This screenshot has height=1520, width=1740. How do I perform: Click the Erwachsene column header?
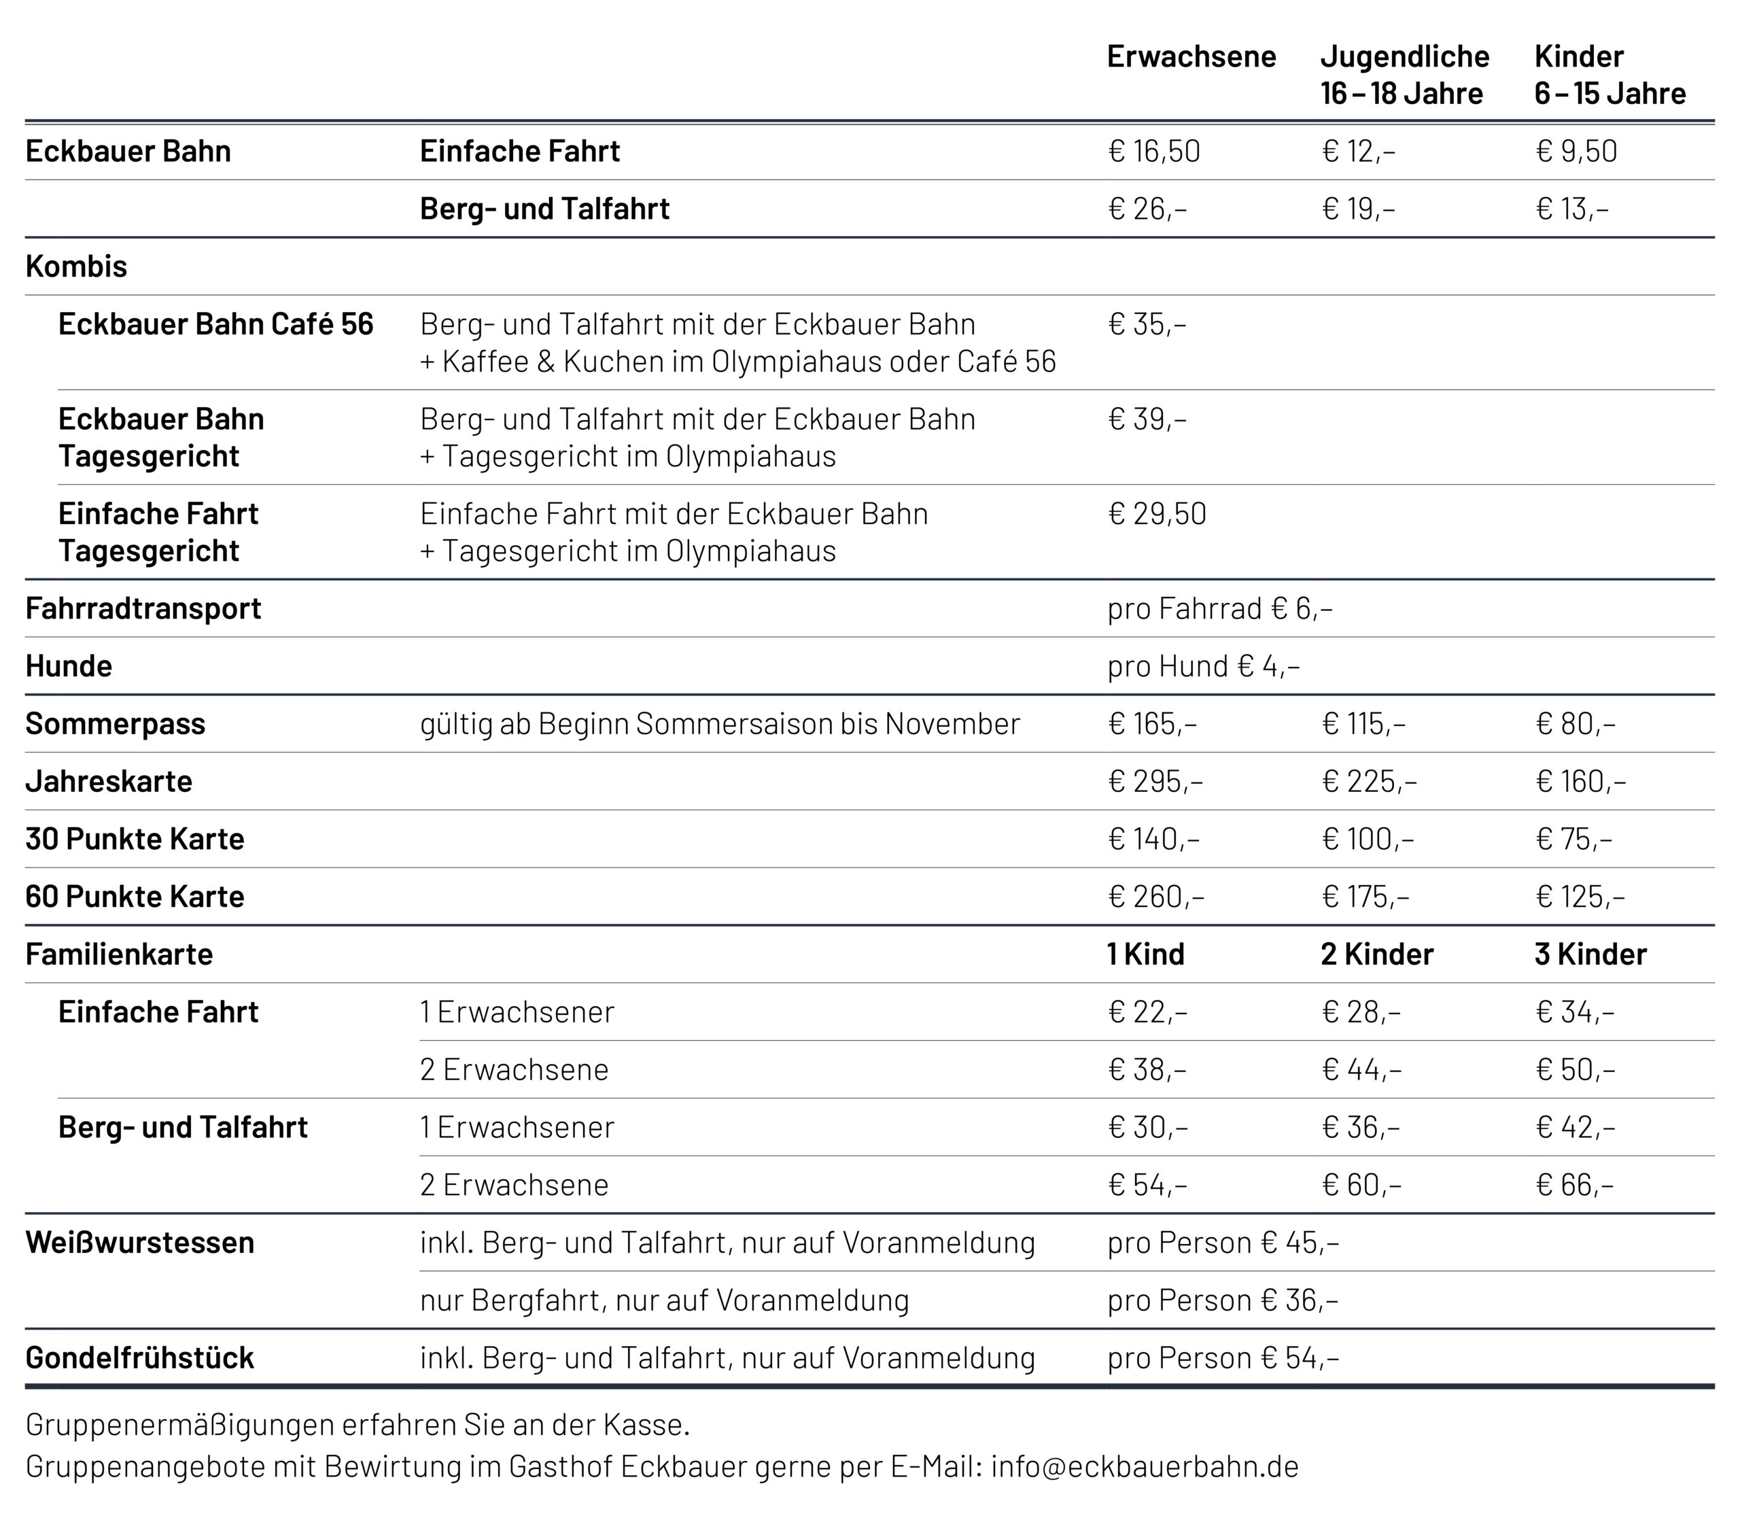point(1191,56)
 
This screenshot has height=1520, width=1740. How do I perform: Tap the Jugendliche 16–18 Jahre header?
point(1404,75)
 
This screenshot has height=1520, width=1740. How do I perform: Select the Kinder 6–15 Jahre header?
point(1609,75)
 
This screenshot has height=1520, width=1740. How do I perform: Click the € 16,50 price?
point(1153,151)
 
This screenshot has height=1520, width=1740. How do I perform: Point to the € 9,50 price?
point(1576,151)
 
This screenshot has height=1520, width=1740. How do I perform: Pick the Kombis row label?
point(76,266)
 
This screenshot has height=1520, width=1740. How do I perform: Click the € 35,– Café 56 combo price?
point(1147,324)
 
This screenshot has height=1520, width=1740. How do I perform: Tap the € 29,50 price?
point(1157,514)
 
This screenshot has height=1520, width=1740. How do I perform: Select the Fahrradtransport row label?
point(143,608)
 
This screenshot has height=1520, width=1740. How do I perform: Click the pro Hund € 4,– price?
point(1202,666)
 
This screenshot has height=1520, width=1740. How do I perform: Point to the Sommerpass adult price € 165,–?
point(1151,723)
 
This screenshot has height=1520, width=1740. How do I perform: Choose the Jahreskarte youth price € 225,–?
point(1369,781)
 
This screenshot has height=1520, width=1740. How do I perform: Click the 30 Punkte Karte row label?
point(135,839)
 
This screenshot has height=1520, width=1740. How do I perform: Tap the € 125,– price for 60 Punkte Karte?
point(1580,897)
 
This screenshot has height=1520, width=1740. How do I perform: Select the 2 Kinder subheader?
point(1376,954)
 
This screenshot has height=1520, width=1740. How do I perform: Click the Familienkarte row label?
point(119,954)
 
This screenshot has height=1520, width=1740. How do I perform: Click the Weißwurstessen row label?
point(140,1243)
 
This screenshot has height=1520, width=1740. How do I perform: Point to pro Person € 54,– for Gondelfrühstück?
point(1222,1358)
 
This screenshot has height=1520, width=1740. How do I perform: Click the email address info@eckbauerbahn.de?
point(1144,1466)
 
